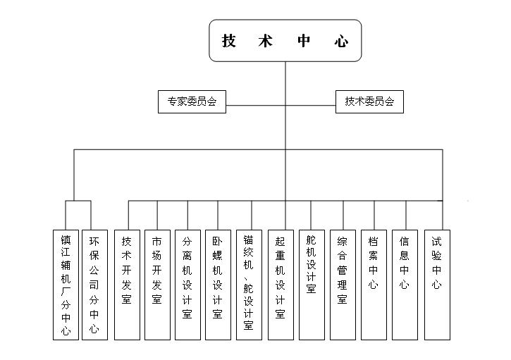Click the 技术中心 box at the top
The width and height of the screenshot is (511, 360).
(285, 40)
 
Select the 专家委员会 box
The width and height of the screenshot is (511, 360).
(192, 101)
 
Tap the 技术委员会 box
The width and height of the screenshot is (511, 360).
(369, 101)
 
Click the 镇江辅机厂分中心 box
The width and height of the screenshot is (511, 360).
(66, 285)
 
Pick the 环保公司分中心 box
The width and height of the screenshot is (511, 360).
(94, 285)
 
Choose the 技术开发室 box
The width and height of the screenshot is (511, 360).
(127, 285)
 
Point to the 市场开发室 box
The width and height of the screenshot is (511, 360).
(157, 285)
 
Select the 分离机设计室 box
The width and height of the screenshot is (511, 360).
(187, 285)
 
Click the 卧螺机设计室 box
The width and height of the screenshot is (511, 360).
(218, 285)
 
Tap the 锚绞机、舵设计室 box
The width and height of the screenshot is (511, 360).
(249, 285)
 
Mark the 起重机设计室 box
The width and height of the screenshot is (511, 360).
(281, 285)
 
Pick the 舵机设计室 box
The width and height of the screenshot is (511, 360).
(312, 285)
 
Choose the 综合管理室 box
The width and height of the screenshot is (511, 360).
(343, 285)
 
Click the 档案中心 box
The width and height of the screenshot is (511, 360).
(374, 285)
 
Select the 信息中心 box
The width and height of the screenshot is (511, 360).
(405, 285)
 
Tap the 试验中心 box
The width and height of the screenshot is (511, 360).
(437, 285)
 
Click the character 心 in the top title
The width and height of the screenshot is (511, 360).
(341, 41)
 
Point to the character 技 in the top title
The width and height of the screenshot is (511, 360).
(229, 41)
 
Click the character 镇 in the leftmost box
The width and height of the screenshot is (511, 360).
(66, 240)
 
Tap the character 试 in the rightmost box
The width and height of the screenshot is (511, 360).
(437, 242)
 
